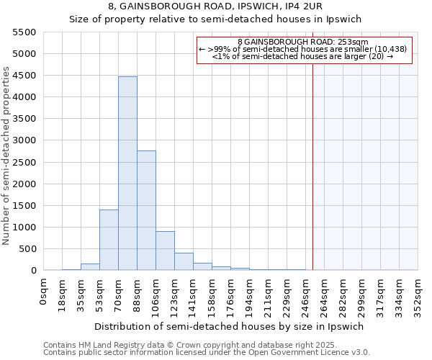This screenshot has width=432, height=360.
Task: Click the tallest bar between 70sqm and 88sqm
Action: (x=127, y=173)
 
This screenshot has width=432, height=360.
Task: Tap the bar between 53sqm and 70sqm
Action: (x=109, y=240)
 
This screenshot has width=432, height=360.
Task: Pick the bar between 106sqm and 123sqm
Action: (x=165, y=251)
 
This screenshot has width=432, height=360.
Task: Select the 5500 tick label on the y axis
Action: (x=24, y=32)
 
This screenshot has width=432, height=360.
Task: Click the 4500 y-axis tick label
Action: (x=24, y=76)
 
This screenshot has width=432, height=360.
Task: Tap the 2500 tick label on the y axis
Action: (x=24, y=162)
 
